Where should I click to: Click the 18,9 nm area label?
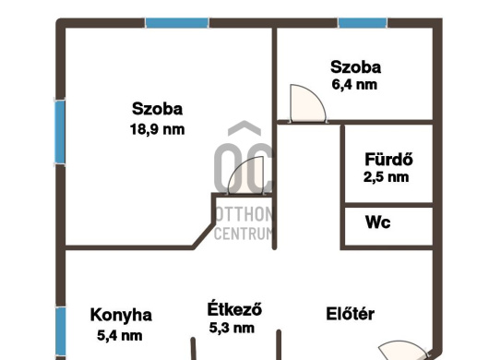pos(157,129)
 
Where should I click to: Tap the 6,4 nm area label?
pos(354,85)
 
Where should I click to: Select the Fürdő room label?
pos(388,159)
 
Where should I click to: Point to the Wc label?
pos(377,222)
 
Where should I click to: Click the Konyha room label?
pos(121,315)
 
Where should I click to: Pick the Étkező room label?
pos(234,308)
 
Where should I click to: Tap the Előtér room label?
pos(350,314)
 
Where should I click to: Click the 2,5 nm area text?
pos(386,177)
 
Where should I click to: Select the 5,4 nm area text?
pos(120,336)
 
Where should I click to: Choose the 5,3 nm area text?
pos(232,329)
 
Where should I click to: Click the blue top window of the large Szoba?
pos(177,23)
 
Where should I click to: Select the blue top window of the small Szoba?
pos(363,23)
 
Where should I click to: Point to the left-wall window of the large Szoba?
pos(60,132)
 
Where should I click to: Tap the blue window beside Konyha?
pos(61,331)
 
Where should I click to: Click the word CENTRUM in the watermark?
pos(243,234)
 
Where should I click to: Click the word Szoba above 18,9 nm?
pos(157,109)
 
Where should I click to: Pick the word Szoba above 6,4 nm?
pos(355,67)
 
